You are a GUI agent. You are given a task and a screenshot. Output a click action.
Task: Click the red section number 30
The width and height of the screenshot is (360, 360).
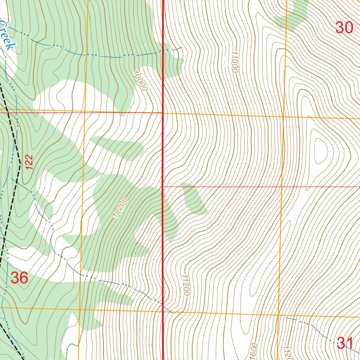(344, 27)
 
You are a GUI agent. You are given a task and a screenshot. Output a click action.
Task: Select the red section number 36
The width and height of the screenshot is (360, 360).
(19, 278)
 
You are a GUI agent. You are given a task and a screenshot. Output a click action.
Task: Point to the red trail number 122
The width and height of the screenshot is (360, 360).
(30, 163)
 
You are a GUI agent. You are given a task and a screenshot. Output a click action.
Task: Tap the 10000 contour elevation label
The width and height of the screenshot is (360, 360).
(140, 81)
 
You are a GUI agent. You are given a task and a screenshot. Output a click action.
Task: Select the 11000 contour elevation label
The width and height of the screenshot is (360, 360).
(234, 62)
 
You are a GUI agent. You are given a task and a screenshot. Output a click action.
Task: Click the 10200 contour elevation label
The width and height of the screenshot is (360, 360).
(120, 207)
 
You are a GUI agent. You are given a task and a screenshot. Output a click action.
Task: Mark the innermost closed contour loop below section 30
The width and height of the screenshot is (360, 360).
(321, 151)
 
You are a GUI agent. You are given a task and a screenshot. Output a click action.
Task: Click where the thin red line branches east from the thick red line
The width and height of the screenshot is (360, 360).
(163, 186)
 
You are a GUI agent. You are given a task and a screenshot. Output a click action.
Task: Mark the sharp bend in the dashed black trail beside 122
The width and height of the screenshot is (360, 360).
(20, 163)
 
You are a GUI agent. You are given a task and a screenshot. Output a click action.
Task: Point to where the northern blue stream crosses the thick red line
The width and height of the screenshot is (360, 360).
(163, 51)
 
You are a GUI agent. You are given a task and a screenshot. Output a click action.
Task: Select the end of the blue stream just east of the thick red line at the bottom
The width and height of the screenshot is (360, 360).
(173, 313)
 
